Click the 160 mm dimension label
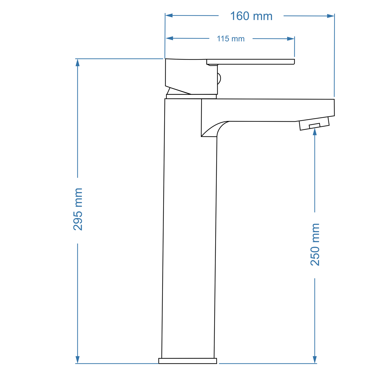click(x=251, y=16)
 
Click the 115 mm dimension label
click(x=231, y=39)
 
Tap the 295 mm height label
click(x=78, y=209)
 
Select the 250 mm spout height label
click(x=315, y=245)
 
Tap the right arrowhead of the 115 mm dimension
click(x=291, y=39)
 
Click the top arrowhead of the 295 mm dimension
click(x=78, y=63)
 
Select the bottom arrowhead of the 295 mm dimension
click(x=78, y=360)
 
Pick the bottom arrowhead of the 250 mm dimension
click(x=315, y=360)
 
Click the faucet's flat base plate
click(x=188, y=361)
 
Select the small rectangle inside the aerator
click(x=314, y=126)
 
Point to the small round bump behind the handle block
click(x=219, y=79)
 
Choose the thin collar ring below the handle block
click(x=191, y=97)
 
